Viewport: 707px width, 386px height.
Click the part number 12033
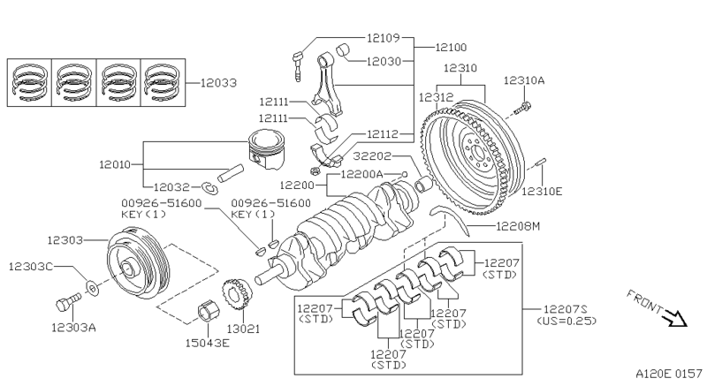click(x=217, y=83)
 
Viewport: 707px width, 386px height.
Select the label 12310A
click(x=524, y=80)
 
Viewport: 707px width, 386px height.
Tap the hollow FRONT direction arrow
click(x=677, y=317)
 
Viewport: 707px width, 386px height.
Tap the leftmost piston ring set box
click(x=29, y=82)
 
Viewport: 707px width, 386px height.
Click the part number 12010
click(x=115, y=164)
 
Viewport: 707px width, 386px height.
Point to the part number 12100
click(x=452, y=47)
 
